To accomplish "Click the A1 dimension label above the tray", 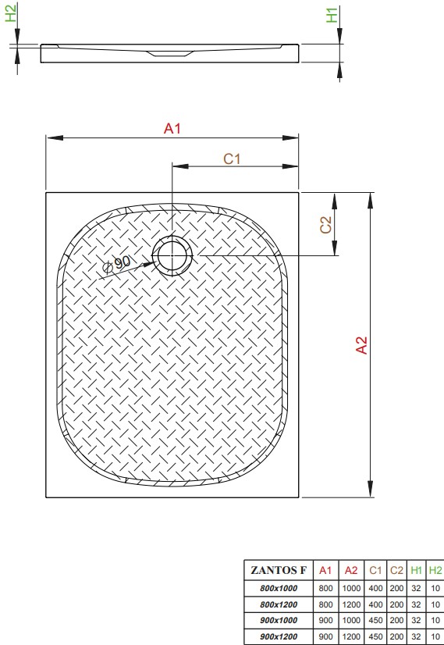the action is click(x=172, y=128).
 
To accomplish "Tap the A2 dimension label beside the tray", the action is click(x=362, y=344).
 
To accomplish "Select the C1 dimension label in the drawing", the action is click(x=232, y=159).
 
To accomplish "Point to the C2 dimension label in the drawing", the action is click(x=325, y=225).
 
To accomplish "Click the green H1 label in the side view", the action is click(x=332, y=15).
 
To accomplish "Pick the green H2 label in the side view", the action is click(x=11, y=12).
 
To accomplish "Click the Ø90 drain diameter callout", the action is click(x=117, y=264).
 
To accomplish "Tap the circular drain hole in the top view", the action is click(x=172, y=255).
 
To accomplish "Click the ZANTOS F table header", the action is click(x=279, y=570).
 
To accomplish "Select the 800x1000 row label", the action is click(x=279, y=588).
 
